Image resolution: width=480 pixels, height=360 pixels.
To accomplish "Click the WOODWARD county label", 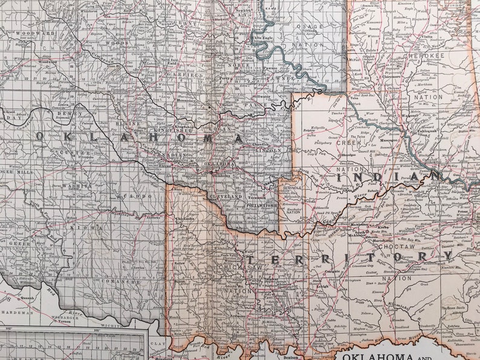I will click(36, 34).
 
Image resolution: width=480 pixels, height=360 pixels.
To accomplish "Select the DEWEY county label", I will click(65, 113).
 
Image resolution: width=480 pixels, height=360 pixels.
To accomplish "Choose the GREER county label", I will click(20, 243).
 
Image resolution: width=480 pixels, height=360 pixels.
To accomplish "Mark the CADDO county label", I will click(132, 196).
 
